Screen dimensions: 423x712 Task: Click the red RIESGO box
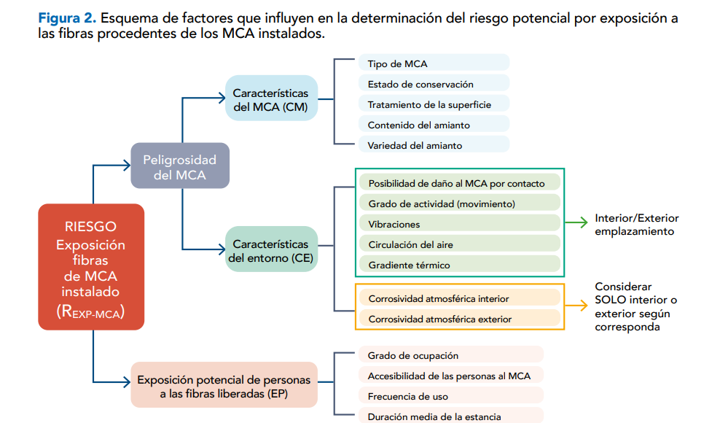coord(91,265)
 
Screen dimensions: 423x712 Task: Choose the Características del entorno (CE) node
coord(271,250)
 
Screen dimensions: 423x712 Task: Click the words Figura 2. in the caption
coord(66,18)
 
